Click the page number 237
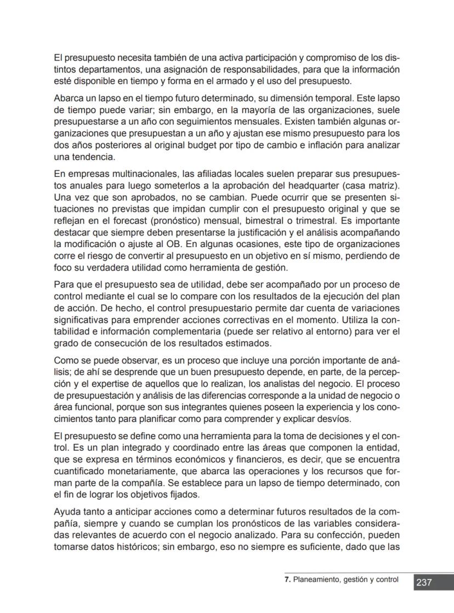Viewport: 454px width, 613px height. click(424, 582)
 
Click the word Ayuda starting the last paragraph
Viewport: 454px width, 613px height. click(67, 512)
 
